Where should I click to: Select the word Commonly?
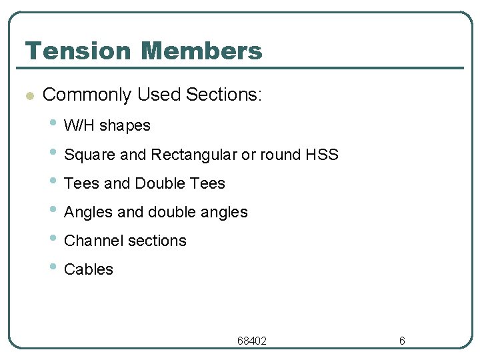click(87, 95)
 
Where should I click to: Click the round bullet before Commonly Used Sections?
click(28, 95)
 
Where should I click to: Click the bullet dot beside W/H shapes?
click(53, 123)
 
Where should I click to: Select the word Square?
click(89, 155)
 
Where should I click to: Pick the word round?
click(279, 155)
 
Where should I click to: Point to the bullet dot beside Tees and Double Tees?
click(53, 181)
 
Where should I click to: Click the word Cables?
click(89, 269)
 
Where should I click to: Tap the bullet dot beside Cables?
click(53, 267)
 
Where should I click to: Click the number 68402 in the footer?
click(252, 341)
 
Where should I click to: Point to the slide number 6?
click(402, 341)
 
